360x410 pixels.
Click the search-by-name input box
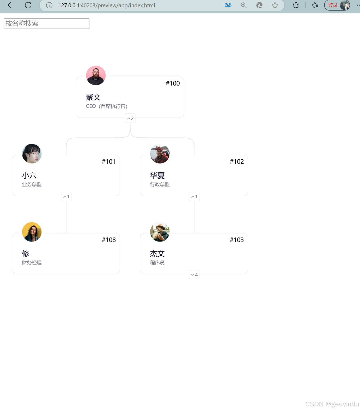46,23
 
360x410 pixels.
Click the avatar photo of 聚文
96,75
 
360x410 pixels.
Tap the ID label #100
173,83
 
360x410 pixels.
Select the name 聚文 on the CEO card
93,97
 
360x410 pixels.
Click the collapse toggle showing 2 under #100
130,118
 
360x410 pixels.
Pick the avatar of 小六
32,154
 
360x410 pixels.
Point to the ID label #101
108,162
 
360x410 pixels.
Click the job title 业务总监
32,184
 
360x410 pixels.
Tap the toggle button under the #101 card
66,197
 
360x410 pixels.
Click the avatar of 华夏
160,154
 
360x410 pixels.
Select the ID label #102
237,162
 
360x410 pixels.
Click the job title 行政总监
160,184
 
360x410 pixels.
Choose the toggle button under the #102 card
194,197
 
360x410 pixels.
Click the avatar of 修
32,232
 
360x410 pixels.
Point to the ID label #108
109,240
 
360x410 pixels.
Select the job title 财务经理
32,263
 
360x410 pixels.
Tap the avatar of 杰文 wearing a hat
160,232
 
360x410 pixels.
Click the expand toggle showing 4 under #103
194,275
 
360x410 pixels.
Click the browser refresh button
28,5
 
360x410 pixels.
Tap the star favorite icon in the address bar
275,5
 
